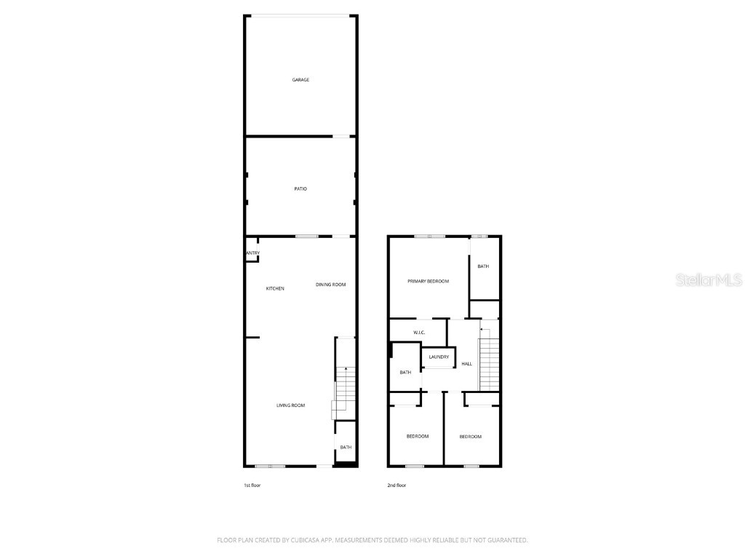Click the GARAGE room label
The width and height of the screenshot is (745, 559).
point(300,79)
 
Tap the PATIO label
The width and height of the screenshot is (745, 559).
point(300,189)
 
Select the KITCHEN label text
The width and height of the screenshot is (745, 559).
point(275,289)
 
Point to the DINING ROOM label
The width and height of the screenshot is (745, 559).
point(330,285)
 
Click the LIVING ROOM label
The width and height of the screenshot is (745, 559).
point(290,405)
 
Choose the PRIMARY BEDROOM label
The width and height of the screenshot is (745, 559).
point(428,282)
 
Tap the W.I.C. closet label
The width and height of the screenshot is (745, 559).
point(418,333)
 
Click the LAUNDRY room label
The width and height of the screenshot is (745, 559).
point(439,357)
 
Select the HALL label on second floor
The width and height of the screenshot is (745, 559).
point(467,364)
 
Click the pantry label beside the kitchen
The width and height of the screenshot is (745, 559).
point(252,253)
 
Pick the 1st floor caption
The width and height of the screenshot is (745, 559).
point(252,485)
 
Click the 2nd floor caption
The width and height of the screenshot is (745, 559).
point(397,485)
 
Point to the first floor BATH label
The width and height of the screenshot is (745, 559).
point(346,448)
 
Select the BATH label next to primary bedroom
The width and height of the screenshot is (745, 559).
point(483,266)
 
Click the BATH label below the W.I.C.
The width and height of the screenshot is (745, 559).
point(405,373)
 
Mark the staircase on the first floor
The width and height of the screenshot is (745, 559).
point(345,389)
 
